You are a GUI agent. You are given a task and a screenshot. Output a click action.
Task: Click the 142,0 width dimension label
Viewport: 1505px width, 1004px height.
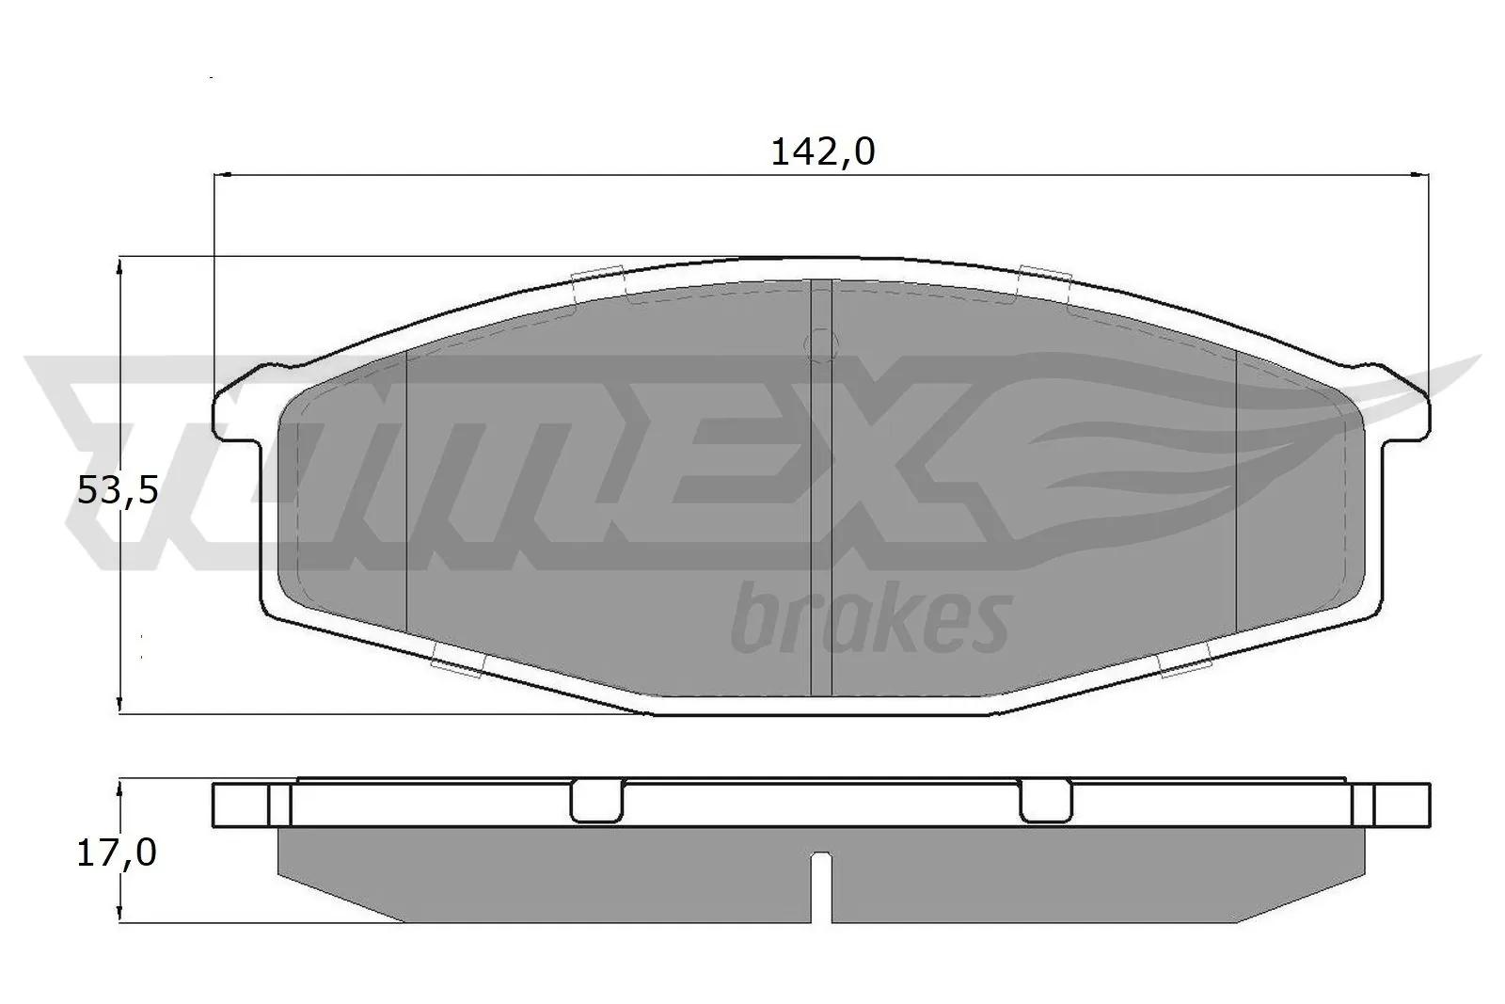(822, 152)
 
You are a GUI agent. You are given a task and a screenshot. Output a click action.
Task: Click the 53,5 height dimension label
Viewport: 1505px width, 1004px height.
(118, 490)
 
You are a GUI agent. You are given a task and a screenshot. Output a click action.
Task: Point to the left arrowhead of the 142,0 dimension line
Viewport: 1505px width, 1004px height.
(223, 174)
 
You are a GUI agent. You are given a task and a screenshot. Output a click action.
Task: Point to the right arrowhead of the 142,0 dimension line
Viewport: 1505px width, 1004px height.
(1421, 174)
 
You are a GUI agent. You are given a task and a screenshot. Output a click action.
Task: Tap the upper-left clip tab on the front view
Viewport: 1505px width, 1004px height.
(598, 282)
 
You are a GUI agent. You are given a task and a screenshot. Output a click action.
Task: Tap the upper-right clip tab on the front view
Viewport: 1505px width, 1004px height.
(1045, 281)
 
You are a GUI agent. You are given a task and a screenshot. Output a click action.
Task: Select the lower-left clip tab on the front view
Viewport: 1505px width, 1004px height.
(457, 665)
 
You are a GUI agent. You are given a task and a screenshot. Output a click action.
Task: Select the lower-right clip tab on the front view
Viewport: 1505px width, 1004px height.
(1184, 664)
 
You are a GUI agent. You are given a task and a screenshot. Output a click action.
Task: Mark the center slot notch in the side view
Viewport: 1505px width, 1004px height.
(822, 884)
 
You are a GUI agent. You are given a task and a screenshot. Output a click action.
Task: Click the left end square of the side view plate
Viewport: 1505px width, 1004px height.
(242, 805)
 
